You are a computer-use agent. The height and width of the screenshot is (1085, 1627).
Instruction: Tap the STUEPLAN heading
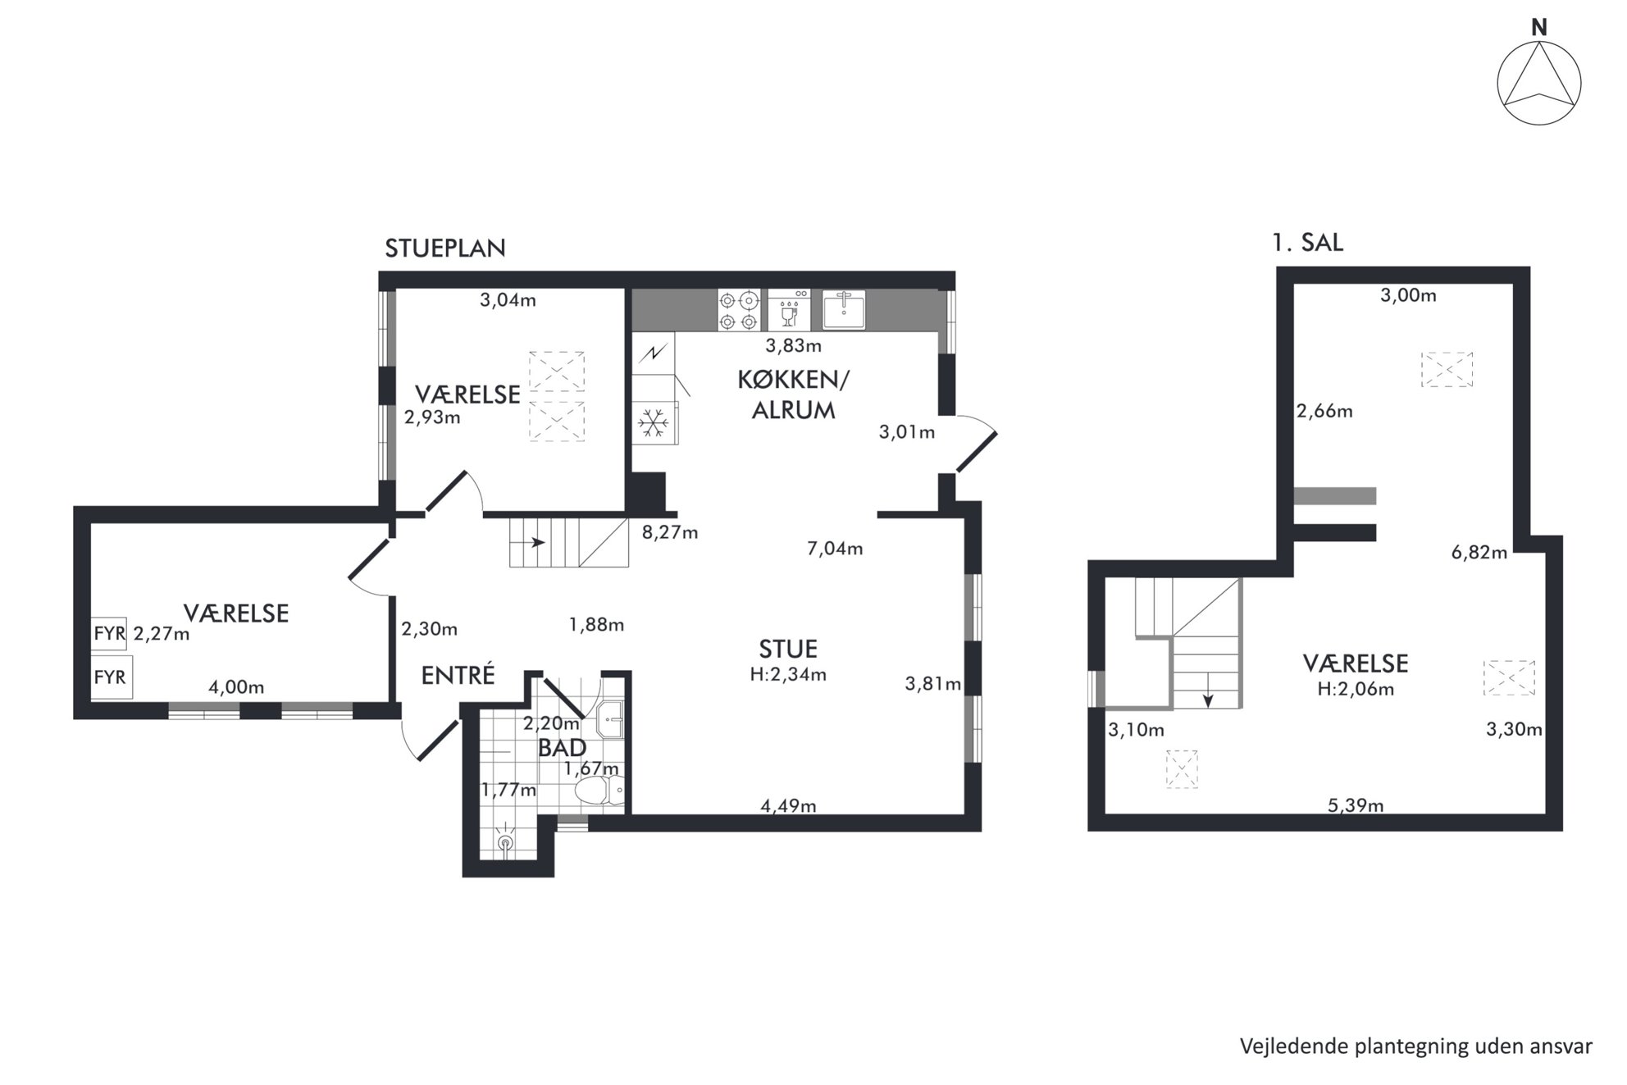coord(445,248)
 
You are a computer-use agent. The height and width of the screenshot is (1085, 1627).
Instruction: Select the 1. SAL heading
coord(1307,243)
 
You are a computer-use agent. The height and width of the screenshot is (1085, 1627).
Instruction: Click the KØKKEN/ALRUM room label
coord(793,394)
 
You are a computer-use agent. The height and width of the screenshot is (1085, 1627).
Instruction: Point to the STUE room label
coord(788,649)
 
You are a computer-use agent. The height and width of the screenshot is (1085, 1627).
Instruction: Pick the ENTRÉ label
coord(458,675)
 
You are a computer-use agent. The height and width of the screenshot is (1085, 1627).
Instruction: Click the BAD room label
coord(562,748)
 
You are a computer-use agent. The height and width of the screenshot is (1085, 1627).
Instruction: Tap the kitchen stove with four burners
coord(739,310)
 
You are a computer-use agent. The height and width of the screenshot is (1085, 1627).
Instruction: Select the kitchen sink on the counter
coord(844,309)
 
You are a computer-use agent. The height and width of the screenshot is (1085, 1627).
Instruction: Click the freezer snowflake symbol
coord(654,423)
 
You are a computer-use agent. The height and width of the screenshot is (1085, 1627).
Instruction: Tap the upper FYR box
coord(109,634)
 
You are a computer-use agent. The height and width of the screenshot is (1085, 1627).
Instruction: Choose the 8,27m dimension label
coord(670,532)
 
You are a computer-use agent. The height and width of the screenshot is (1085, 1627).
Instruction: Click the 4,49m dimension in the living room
coord(788,805)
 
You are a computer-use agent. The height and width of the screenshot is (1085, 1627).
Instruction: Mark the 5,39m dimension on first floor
coord(1356,805)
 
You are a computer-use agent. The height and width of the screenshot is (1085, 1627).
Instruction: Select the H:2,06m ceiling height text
coord(1356,689)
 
